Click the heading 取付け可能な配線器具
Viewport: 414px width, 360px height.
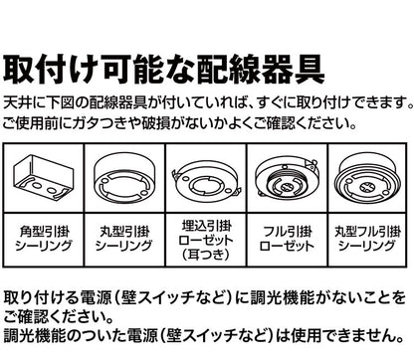(x=163, y=69)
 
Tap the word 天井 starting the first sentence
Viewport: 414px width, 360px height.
(x=15, y=103)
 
